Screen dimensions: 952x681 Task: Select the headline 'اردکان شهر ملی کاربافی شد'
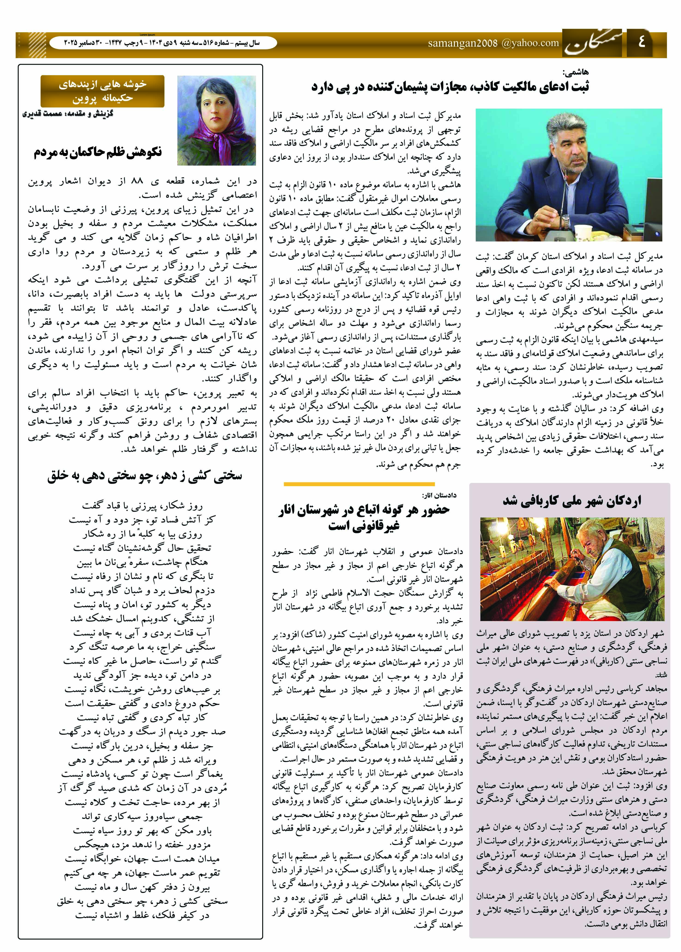[x=572, y=500]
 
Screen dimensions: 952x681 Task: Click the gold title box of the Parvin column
[x=102, y=91]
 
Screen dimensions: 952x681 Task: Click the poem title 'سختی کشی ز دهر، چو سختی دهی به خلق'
[x=145, y=476]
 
